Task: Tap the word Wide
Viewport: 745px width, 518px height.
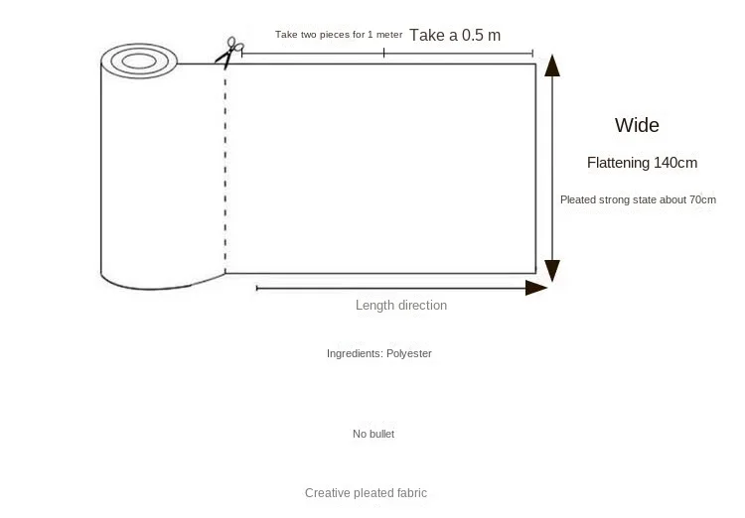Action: point(637,126)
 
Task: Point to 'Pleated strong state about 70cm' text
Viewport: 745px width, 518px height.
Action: point(638,199)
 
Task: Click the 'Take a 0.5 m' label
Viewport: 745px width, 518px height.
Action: point(455,35)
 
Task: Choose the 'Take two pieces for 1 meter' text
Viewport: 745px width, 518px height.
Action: point(339,35)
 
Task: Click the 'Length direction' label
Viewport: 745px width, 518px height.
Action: point(401,306)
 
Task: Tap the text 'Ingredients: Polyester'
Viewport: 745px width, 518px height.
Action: point(379,353)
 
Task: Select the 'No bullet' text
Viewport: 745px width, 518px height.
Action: point(373,434)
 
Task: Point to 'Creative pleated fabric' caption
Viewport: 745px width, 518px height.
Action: point(366,493)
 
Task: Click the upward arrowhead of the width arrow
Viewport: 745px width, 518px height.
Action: point(553,66)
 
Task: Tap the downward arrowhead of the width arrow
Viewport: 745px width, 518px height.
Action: point(553,270)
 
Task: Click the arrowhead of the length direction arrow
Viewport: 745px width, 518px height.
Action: point(536,288)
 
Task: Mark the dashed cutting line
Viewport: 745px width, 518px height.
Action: point(225,169)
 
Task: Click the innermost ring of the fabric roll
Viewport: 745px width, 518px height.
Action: point(138,62)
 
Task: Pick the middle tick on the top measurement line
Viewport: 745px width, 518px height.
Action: point(384,53)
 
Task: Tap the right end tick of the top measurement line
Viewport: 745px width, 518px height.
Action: point(533,53)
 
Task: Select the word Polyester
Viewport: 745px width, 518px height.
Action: point(408,353)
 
